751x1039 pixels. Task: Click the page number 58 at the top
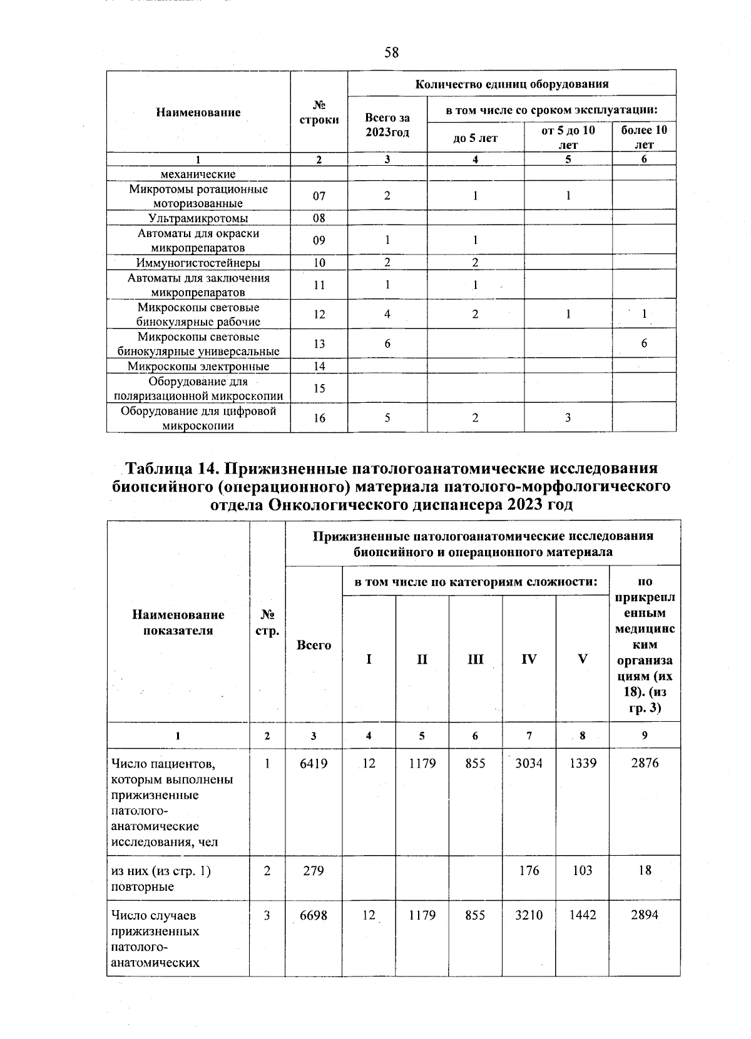click(391, 52)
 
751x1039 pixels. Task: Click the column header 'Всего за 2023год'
click(387, 124)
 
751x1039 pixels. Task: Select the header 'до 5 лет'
click(475, 138)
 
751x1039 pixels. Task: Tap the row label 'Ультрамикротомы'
click(198, 218)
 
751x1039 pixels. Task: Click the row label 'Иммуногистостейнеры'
click(198, 263)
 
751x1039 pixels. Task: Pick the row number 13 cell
click(319, 343)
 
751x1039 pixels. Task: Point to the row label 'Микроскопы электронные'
click(198, 367)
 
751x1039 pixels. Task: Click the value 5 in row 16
click(387, 417)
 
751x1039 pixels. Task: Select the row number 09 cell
click(319, 240)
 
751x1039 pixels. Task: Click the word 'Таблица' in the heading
click(167, 469)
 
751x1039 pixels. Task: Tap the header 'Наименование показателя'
click(178, 622)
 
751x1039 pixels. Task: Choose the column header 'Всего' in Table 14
click(314, 645)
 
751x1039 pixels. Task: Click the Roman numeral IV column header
click(529, 659)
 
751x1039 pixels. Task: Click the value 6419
click(314, 763)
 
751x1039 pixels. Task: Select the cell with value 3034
click(529, 763)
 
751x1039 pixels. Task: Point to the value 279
click(314, 870)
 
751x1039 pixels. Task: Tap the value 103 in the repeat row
click(582, 870)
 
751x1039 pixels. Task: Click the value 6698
click(314, 915)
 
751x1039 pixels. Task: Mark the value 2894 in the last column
click(645, 915)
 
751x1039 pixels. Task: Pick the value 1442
click(582, 915)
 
